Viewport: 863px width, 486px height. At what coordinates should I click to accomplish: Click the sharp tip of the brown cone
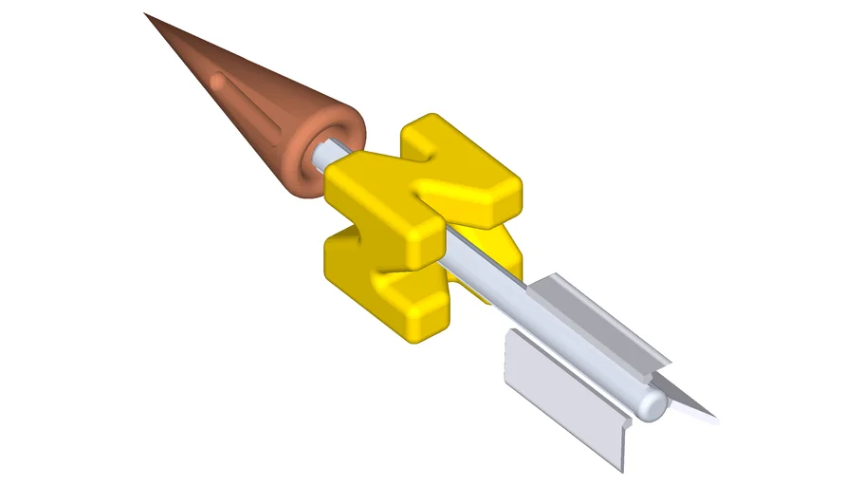tap(146, 14)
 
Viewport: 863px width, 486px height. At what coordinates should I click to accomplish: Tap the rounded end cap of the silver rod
tap(652, 405)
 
